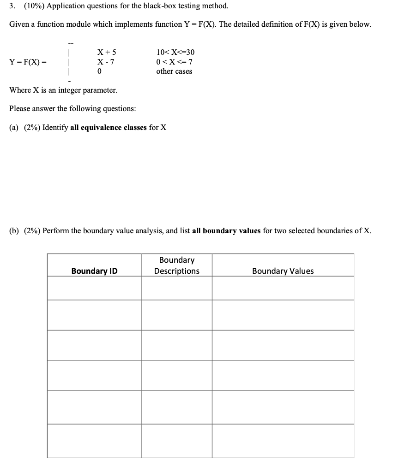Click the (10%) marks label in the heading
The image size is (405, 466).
33,6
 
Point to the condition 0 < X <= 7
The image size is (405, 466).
175,62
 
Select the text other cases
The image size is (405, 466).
174,71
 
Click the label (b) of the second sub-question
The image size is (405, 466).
14,230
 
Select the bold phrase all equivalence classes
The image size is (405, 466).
109,127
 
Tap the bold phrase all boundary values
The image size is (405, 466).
226,230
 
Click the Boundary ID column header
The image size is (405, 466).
94,271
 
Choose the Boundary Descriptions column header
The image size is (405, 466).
177,265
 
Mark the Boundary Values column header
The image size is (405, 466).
283,271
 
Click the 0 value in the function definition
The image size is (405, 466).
99,71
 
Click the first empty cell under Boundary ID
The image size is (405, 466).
94,288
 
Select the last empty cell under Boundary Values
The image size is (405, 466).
283,441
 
